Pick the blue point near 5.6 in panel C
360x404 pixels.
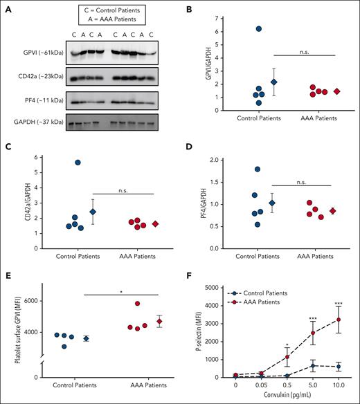[x=78, y=162]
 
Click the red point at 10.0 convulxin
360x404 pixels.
[x=339, y=320]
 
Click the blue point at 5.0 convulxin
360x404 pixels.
[x=313, y=365]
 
